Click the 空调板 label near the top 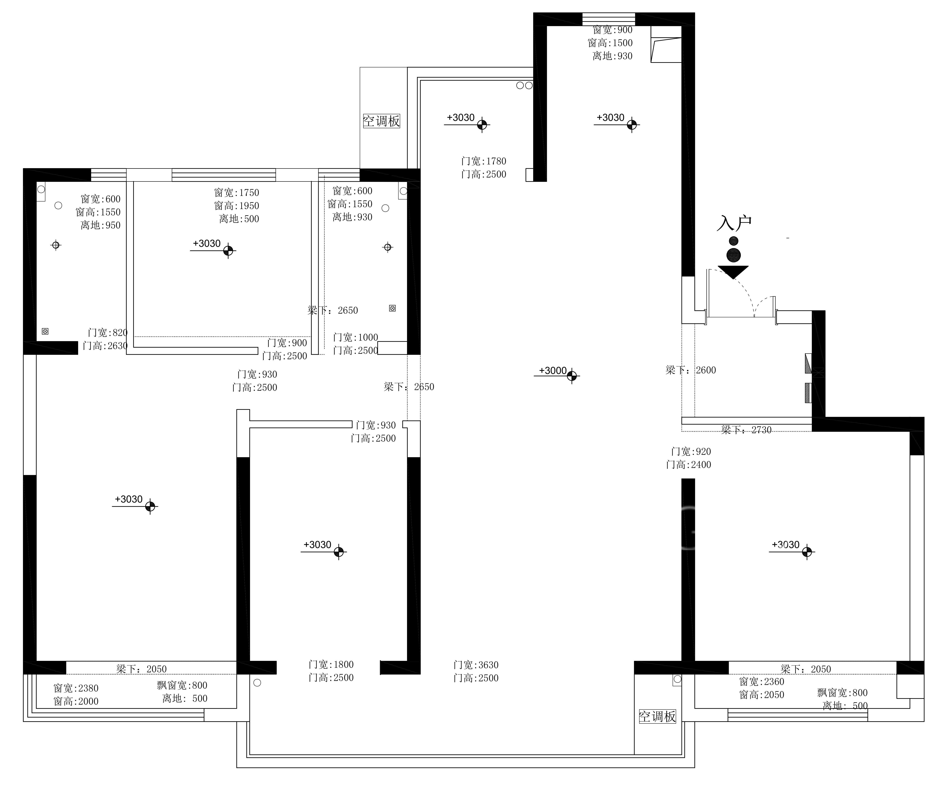point(381,121)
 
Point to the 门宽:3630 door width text point(476,665)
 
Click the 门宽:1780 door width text point(484,161)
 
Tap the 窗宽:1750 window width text point(237,193)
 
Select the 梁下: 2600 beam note point(691,370)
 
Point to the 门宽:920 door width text point(691,451)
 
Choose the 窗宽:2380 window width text point(76,688)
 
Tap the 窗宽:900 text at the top point(613,30)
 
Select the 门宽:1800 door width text point(331,665)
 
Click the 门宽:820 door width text point(108,332)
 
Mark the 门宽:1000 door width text point(356,337)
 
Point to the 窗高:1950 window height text point(237,206)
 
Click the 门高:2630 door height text point(105,345)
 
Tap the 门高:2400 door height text point(689,465)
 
